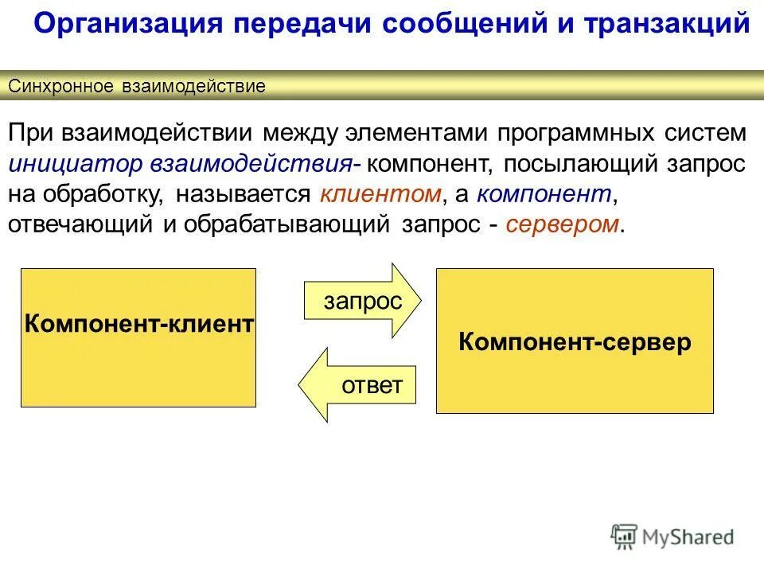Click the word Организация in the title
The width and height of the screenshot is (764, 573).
coord(127,23)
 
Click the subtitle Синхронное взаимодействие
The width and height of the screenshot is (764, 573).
coord(136,87)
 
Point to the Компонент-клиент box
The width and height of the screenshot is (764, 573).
coord(138,337)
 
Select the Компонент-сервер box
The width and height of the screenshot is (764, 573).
coord(575,341)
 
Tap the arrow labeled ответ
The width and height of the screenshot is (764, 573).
coord(358,385)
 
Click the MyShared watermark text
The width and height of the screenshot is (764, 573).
coord(688,537)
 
